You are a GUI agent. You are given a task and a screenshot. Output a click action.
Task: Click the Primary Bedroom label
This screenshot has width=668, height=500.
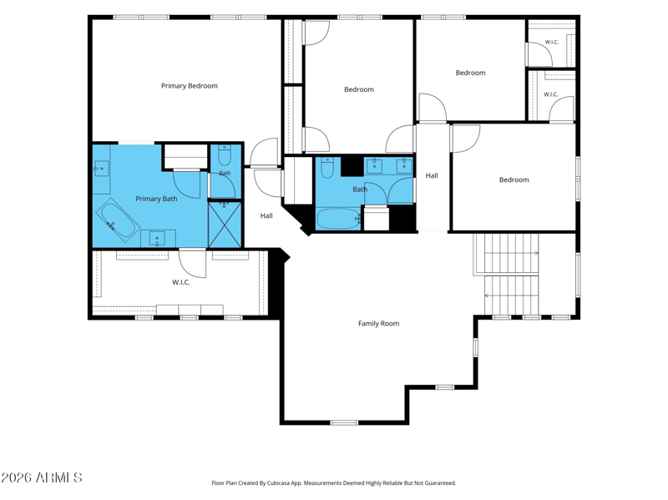[190, 86]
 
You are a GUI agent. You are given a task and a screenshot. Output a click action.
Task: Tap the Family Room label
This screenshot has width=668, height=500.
[379, 323]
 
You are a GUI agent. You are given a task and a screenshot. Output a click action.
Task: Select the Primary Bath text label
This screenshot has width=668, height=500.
[156, 199]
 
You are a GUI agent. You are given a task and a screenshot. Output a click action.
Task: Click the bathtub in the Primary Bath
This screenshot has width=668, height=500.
[118, 220]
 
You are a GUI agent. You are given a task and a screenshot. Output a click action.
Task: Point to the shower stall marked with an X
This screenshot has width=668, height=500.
[225, 225]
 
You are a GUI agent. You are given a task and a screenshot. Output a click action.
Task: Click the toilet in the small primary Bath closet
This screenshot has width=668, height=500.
[224, 156]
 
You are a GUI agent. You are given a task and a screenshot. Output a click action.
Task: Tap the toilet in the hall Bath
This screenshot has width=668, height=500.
[327, 168]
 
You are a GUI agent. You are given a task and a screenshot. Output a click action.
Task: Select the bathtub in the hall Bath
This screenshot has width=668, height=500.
[338, 219]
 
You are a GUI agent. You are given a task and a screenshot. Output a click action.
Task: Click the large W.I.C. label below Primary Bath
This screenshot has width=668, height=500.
[181, 282]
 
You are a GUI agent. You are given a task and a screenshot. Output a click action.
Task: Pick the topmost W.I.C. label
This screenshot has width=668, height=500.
[552, 43]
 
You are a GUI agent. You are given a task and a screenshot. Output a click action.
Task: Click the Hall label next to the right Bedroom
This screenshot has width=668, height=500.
[432, 175]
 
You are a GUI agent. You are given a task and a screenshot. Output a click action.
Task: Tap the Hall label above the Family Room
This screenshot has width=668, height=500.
[266, 215]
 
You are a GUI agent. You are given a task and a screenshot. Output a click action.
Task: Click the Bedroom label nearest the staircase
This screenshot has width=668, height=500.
[514, 179]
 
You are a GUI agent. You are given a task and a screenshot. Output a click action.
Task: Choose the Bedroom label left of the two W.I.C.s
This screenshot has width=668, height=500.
[470, 73]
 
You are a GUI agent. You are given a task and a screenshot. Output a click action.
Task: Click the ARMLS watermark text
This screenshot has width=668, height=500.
[42, 477]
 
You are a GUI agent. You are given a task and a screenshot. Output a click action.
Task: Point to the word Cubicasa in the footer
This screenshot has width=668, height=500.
[279, 483]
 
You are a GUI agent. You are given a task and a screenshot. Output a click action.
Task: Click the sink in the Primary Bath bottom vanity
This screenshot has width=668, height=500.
[158, 239]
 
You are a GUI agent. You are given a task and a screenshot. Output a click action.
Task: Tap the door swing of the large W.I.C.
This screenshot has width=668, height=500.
[193, 264]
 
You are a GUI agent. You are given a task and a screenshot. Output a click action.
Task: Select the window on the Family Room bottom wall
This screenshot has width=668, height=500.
[344, 422]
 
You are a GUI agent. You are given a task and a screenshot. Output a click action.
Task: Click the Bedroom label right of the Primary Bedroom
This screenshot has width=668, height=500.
[359, 89]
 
